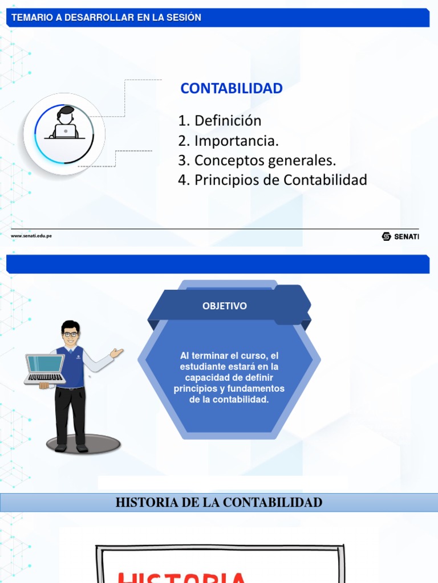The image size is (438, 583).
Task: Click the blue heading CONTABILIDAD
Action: click(x=231, y=89)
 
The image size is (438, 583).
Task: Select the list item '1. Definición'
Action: click(x=220, y=121)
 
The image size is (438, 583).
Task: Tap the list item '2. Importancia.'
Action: click(x=228, y=141)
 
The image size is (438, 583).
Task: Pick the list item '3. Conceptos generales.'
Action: click(x=257, y=161)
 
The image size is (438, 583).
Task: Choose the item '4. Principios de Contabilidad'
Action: click(x=272, y=180)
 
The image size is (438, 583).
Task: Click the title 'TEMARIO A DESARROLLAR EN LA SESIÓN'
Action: click(x=107, y=18)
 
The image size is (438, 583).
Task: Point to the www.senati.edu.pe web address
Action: click(x=31, y=236)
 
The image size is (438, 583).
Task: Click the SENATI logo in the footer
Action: click(x=400, y=236)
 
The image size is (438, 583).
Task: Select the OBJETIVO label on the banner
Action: click(x=225, y=306)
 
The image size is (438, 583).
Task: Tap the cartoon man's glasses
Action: click(x=71, y=334)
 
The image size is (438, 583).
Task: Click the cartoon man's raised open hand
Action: click(x=116, y=353)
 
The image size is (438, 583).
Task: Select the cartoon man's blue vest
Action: click(x=71, y=367)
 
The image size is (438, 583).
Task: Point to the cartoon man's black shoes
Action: click(x=71, y=448)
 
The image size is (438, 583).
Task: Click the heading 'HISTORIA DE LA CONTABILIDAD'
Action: click(x=219, y=503)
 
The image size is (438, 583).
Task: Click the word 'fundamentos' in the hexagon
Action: click(x=254, y=389)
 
